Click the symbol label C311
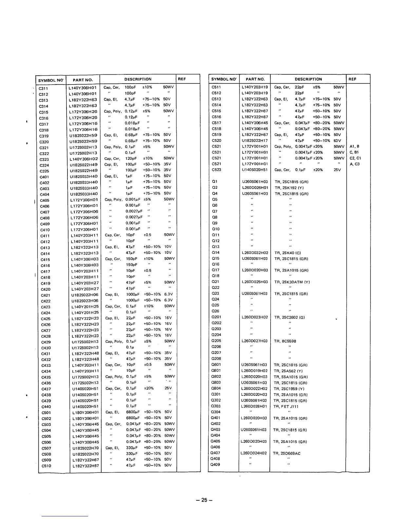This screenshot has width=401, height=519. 43,88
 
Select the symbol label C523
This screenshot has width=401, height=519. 216,170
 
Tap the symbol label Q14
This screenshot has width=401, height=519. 216,253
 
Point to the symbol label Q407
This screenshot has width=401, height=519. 216,453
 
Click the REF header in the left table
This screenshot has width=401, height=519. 182,79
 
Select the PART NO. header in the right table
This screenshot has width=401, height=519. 255,79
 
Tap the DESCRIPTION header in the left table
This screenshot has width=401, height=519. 138,79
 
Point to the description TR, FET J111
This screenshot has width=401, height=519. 286,406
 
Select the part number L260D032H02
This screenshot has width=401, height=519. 255,253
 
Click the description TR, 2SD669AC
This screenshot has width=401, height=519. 287,453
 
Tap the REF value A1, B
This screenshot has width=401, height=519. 354,146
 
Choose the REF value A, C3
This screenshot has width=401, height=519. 354,164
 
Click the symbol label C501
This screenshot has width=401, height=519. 46,413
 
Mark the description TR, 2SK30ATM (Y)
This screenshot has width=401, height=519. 292,282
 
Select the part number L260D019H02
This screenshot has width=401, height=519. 254,371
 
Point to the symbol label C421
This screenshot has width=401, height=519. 46,295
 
